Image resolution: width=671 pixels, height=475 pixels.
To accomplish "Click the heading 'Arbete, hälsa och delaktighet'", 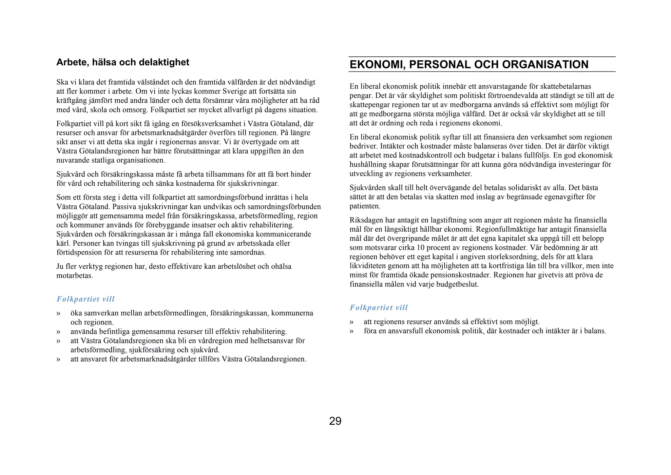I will [123, 62].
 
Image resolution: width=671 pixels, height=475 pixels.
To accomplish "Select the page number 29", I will [335, 421].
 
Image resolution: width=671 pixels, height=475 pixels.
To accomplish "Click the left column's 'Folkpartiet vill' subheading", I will [86, 299].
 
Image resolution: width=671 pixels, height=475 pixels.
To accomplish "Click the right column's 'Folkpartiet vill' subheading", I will [378, 308].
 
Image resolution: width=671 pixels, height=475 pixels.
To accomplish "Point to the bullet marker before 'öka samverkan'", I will [58, 313].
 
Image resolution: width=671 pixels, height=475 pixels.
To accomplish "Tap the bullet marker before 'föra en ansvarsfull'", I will [352, 331].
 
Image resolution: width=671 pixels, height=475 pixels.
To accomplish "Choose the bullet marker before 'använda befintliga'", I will [58, 332].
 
